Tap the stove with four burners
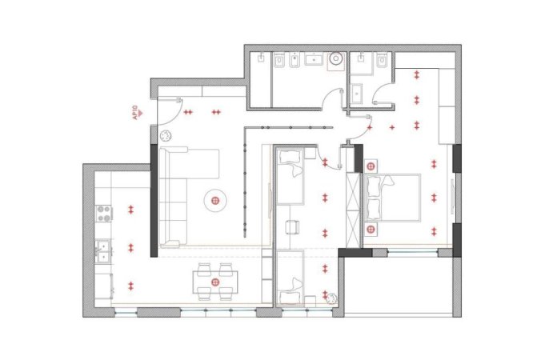(x=103, y=213)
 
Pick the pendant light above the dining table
(x=214, y=282)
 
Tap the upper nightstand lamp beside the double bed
(x=371, y=166)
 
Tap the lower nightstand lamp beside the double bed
(x=371, y=230)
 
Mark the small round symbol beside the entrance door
(x=166, y=136)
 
